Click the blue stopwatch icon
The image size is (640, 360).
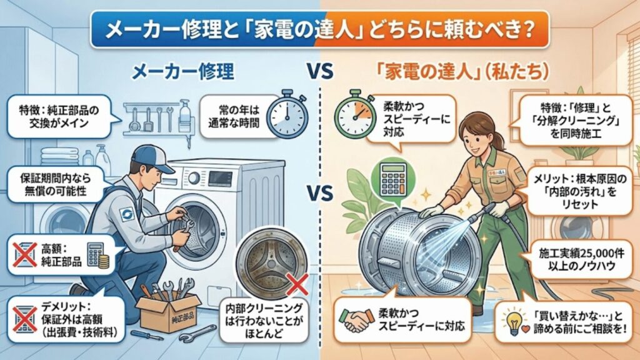click(286, 114)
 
